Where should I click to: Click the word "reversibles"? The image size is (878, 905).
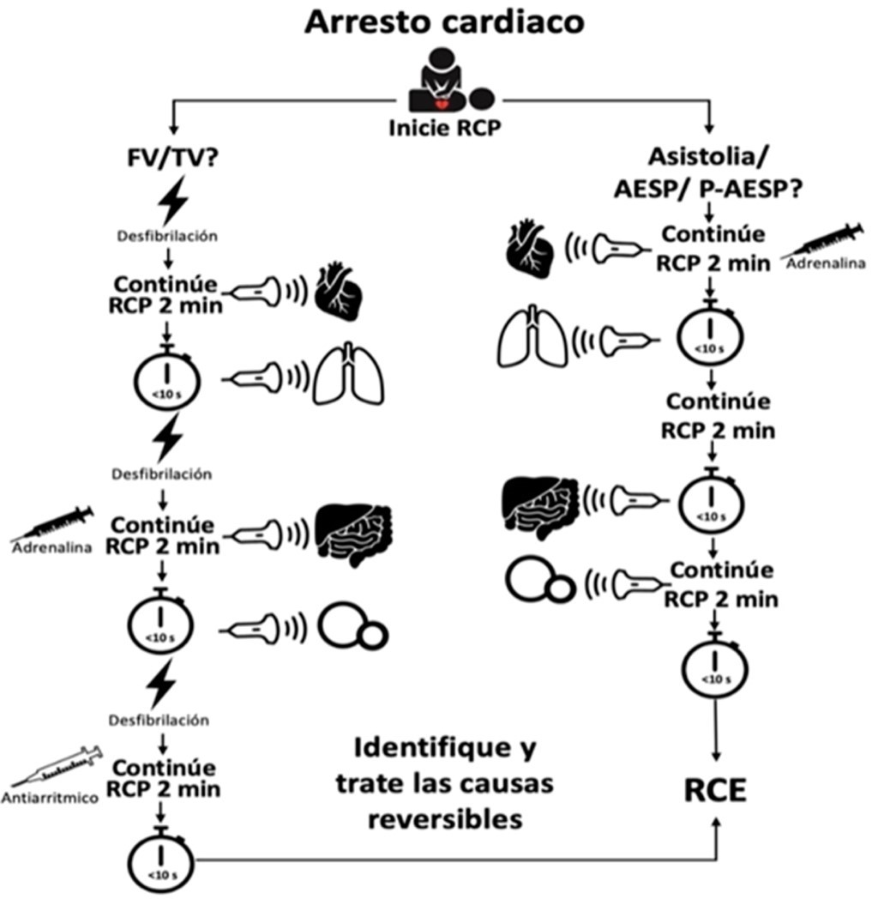[445, 818]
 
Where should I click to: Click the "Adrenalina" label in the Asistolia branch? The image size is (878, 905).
[824, 263]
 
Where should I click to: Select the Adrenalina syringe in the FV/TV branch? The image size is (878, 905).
[53, 522]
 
